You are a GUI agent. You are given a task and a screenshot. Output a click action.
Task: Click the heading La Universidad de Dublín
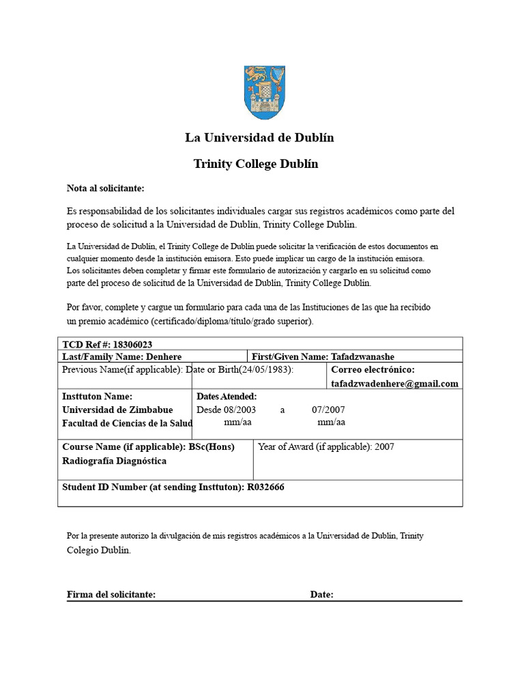259,138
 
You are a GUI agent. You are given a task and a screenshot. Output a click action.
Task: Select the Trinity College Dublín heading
256,164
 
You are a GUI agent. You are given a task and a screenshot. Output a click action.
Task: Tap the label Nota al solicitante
105,189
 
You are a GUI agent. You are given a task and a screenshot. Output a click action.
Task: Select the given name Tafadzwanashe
362,357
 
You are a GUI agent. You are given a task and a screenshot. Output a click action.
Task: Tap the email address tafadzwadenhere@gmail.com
394,384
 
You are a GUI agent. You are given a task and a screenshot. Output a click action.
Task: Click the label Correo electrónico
373,369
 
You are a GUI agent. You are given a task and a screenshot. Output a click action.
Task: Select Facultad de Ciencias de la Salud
128,423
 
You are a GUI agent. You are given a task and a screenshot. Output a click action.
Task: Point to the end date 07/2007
328,410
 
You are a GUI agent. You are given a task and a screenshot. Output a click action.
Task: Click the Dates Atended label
227,396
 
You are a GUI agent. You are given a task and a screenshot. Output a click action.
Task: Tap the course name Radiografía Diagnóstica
114,461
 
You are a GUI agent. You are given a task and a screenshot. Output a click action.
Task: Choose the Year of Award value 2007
384,447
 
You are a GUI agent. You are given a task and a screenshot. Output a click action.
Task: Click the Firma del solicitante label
111,595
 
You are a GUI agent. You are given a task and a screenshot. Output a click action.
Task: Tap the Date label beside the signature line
321,595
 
